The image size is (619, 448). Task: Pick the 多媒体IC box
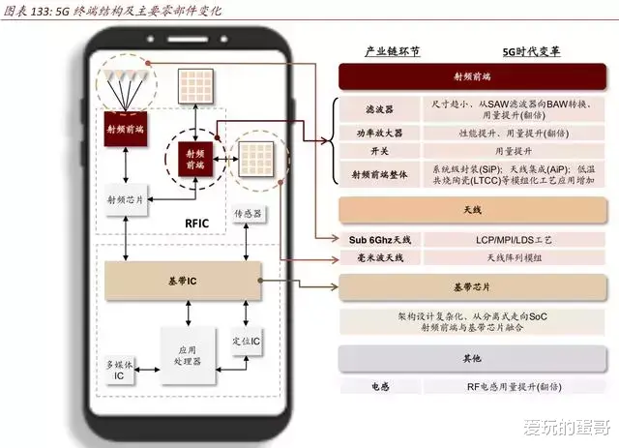click(120, 370)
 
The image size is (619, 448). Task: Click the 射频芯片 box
click(126, 199)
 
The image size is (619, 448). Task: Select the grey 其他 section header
click(471, 359)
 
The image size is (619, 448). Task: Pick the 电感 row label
click(379, 386)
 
